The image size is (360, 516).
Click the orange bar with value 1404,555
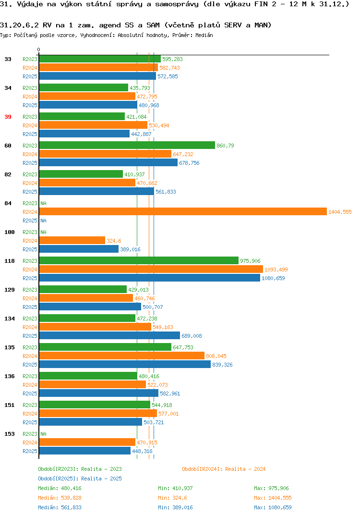tap(183, 211)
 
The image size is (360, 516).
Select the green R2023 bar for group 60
tap(127, 146)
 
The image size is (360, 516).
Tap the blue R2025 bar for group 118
tap(150, 278)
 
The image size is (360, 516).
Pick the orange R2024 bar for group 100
tap(72, 241)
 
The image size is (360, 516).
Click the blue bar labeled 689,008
tap(109, 336)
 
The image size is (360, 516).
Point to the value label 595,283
tap(172, 59)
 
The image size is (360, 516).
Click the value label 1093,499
tap(276, 270)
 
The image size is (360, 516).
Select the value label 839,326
tap(222, 365)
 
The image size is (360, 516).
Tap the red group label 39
tap(8, 117)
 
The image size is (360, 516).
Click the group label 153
tap(10, 434)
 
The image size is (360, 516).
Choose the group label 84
tap(8, 203)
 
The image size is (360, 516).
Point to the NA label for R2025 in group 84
tap(43, 221)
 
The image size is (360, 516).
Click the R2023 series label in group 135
tap(30, 347)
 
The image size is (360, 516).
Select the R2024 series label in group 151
tap(30, 414)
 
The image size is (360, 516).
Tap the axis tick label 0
tap(39, 49)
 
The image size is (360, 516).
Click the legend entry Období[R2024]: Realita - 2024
tap(224, 469)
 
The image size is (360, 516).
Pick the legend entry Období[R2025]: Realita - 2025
tap(80, 479)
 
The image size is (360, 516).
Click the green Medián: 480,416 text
tap(60, 488)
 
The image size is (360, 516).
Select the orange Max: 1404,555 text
tap(273, 498)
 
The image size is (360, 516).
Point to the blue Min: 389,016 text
tap(175, 507)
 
